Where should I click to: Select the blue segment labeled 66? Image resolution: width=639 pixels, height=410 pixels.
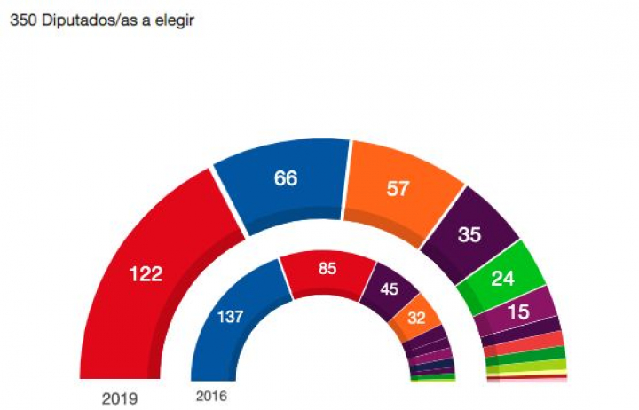click(x=285, y=178)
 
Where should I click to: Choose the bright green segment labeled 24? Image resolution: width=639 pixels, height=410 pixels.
click(x=503, y=278)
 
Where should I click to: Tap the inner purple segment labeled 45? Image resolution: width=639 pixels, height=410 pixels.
click(x=388, y=289)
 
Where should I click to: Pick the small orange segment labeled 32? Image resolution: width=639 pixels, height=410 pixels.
click(x=416, y=319)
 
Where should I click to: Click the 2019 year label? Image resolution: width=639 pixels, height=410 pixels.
click(x=120, y=398)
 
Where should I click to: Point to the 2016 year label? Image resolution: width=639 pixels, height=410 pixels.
click(x=210, y=396)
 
